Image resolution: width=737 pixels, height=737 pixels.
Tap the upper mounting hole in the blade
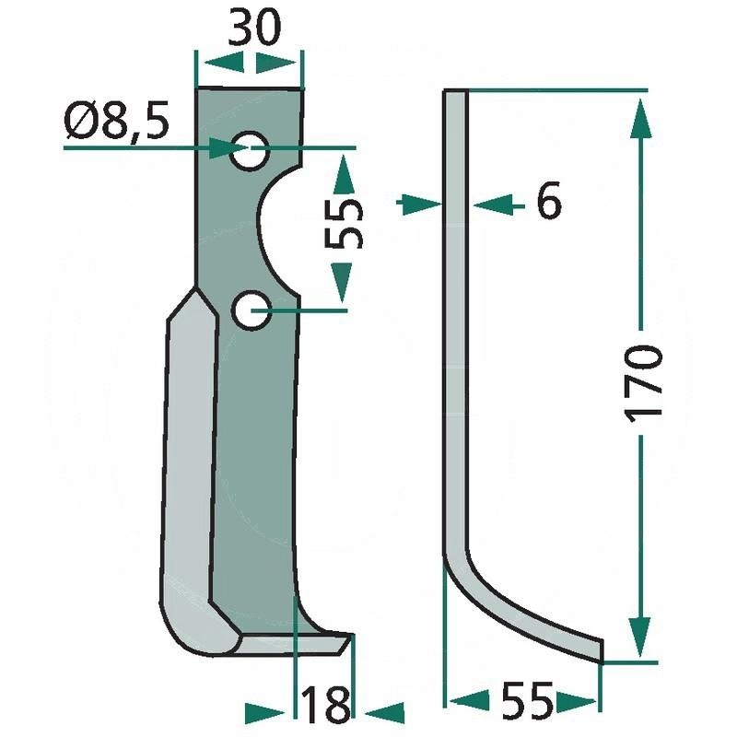[250, 150]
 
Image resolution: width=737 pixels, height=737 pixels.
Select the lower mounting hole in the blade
[250, 310]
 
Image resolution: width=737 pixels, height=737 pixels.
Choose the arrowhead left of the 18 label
[266, 712]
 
